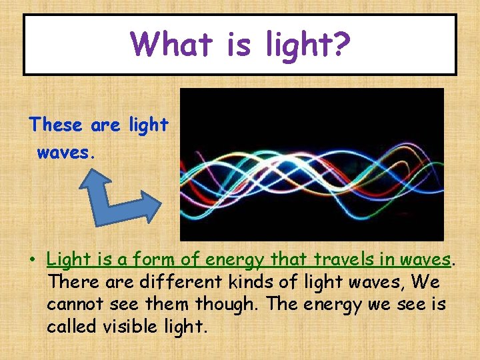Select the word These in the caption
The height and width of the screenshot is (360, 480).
pyautogui.click(x=55, y=125)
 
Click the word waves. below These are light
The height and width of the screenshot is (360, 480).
pyautogui.click(x=67, y=153)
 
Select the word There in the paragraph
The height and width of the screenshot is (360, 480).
pyautogui.click(x=73, y=282)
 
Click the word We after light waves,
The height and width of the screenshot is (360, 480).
pyautogui.click(x=425, y=282)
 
